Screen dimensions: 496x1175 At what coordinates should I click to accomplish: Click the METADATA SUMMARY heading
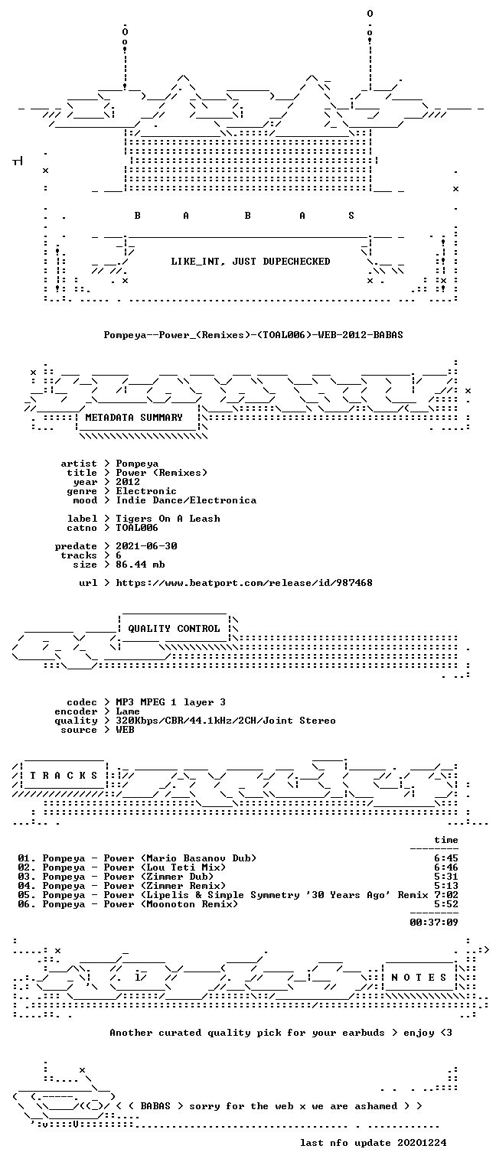point(134,418)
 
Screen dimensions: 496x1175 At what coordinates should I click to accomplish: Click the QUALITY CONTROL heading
point(174,628)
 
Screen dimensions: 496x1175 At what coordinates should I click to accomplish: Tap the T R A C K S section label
point(64,775)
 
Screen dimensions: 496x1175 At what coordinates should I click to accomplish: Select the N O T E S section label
point(419,977)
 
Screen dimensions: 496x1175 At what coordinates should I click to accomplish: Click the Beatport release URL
point(244,583)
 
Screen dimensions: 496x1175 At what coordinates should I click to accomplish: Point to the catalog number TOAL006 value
point(137,528)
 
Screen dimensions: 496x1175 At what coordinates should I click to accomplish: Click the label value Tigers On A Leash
point(168,519)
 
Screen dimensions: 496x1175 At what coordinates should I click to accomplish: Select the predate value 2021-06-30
point(146,546)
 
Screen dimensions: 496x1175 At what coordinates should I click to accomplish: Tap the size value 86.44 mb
point(140,565)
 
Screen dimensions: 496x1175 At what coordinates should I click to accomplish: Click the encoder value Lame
point(128,711)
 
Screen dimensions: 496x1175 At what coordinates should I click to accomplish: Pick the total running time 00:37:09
point(434,922)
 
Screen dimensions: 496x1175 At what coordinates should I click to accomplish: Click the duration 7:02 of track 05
point(446,895)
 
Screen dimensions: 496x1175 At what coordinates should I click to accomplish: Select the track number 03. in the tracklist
point(27,877)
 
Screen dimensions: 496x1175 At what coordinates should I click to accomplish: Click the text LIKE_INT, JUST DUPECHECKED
point(250,261)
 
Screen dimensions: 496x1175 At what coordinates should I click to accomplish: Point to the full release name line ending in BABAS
point(253,334)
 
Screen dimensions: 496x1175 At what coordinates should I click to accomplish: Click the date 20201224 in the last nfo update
point(422,1142)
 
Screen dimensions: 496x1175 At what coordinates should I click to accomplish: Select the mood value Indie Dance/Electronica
point(186,500)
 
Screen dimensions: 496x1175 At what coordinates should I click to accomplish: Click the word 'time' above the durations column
point(446,840)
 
